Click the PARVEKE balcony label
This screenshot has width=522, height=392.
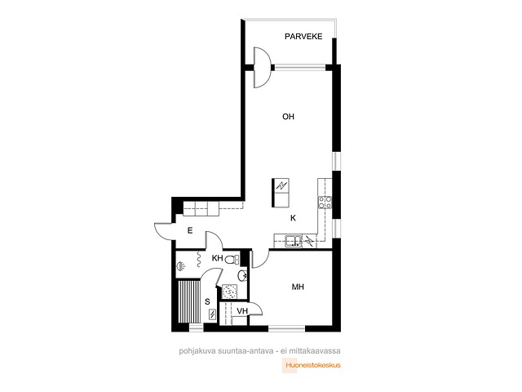tap(303, 36)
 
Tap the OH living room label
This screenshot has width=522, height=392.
tap(288, 116)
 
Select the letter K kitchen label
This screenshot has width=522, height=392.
tap(293, 218)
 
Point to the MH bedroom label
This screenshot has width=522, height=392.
tap(298, 287)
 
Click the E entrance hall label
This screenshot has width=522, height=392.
tap(190, 230)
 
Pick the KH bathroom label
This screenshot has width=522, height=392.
tap(218, 258)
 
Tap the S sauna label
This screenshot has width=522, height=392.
tap(207, 301)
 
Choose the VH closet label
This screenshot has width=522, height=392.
tap(242, 311)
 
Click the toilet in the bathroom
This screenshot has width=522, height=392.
tap(232, 259)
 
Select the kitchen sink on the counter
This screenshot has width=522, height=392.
tap(294, 241)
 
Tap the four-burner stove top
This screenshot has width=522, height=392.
tap(325, 203)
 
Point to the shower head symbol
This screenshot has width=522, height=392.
tap(181, 266)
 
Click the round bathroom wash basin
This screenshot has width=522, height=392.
tap(243, 276)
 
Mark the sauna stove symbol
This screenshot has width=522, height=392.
tap(212, 314)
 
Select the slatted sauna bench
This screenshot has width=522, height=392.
tap(189, 301)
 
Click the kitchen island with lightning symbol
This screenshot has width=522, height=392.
tap(281, 193)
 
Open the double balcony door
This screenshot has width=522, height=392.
tap(263, 68)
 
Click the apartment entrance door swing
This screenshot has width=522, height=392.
tap(165, 231)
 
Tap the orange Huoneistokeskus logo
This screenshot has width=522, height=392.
tap(312, 365)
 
